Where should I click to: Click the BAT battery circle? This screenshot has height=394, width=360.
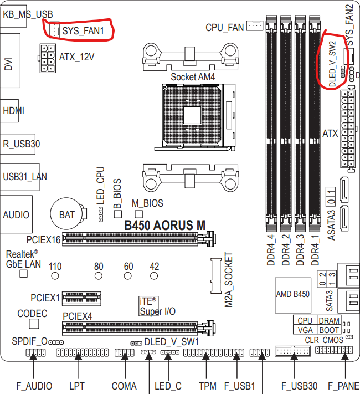[67, 214]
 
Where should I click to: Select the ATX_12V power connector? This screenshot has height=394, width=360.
[47, 58]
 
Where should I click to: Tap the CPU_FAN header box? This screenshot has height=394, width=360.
[255, 25]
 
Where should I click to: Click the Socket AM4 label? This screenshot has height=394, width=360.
[193, 77]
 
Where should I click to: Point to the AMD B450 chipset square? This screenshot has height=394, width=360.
[293, 295]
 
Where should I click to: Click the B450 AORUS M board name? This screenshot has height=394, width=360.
[165, 225]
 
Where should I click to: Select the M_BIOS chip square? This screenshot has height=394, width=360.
[139, 214]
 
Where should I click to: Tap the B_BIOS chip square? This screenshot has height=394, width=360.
[118, 214]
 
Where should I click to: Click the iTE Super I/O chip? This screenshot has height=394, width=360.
[148, 306]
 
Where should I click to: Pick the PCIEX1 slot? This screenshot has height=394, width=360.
[81, 298]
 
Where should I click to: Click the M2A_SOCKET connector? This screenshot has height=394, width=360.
[216, 275]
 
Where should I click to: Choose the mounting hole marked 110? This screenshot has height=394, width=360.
[55, 276]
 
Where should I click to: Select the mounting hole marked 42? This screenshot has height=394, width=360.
[154, 276]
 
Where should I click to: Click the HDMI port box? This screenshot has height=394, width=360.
[9, 111]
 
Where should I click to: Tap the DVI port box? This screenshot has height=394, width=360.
[10, 60]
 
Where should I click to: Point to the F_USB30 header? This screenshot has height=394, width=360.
[292, 351]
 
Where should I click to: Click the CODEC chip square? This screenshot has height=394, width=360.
[34, 324]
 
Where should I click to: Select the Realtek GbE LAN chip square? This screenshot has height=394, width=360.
[24, 273]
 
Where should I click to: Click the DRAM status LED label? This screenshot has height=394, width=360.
[329, 320]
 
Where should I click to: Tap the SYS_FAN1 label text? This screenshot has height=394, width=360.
[83, 31]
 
